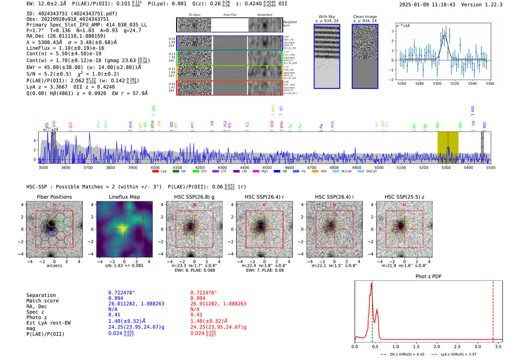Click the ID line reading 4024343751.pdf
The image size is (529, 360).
(x=72, y=14)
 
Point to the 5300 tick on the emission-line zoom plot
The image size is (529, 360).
(x=437, y=83)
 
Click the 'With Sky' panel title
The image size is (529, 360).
(x=327, y=17)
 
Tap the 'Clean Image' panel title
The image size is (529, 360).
(x=365, y=17)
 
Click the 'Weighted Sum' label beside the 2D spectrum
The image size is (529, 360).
(x=290, y=23)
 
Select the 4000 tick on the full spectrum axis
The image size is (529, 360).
(x=155, y=167)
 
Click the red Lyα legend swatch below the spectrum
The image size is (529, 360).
(x=155, y=171)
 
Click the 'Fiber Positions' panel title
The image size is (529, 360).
(x=54, y=197)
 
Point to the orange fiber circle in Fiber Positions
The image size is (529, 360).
(x=53, y=221)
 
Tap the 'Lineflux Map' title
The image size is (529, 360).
(x=124, y=197)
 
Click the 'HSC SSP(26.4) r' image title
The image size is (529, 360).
(x=264, y=197)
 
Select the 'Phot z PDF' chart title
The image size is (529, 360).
(x=428, y=276)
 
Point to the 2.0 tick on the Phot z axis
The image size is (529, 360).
(x=437, y=346)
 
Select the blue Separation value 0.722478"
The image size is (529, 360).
(x=121, y=293)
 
